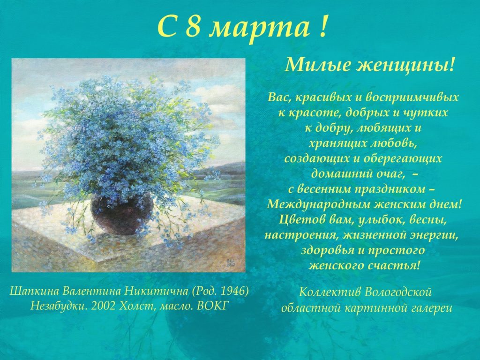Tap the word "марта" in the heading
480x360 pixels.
click(259, 28)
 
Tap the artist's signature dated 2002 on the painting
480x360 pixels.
click(230, 262)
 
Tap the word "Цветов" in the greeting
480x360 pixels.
click(299, 219)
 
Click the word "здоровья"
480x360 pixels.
click(327, 250)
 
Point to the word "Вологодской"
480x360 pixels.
click(398, 292)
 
